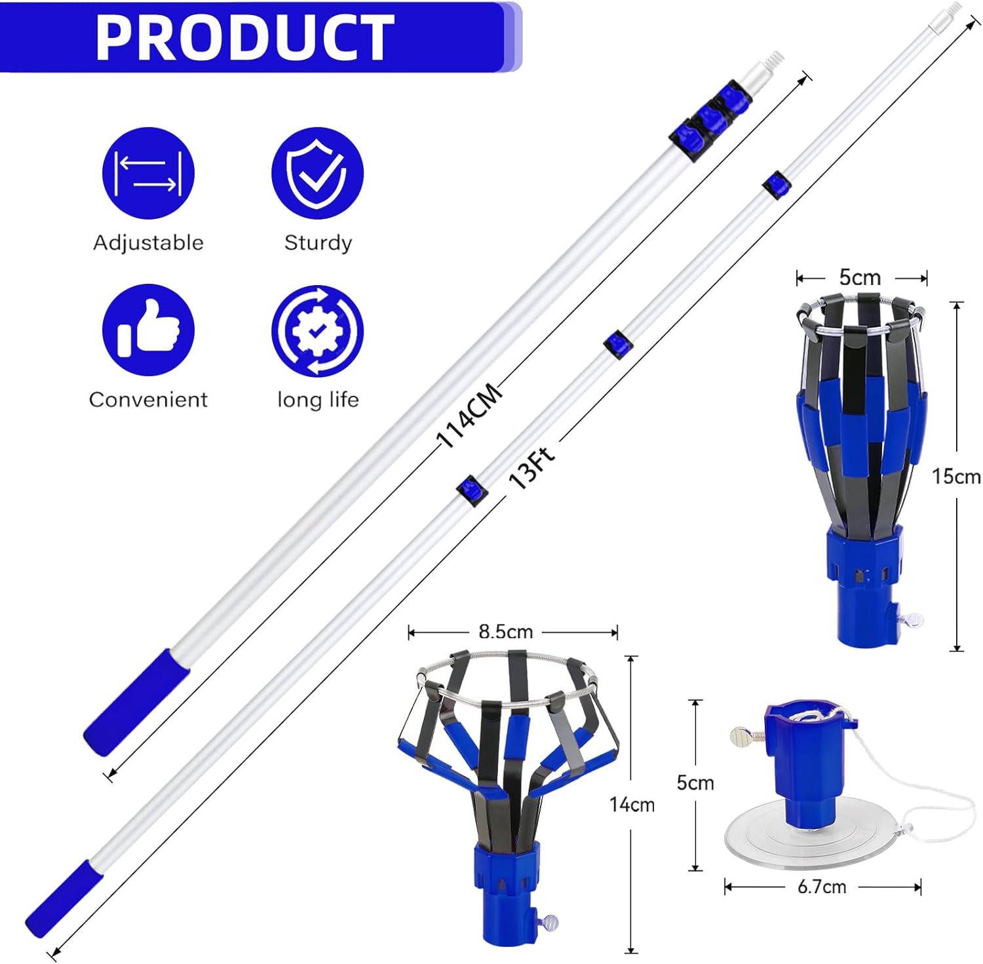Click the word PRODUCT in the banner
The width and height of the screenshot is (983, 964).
[x=244, y=37]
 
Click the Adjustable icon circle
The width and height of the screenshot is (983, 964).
[x=148, y=173]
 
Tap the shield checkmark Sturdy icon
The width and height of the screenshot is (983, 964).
[x=317, y=173]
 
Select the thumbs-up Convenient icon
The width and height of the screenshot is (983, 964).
[x=148, y=330]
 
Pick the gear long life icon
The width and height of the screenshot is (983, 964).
[x=317, y=330]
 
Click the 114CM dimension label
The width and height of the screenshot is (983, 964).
[x=469, y=415]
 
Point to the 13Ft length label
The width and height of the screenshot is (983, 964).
[x=531, y=467]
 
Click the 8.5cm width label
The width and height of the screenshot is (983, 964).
[x=505, y=632]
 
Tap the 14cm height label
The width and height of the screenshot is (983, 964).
[x=632, y=804]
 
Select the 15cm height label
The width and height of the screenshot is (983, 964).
[x=956, y=476]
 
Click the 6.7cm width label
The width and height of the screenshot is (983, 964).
[x=822, y=887]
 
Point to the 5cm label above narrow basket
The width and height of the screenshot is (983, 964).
[x=860, y=277]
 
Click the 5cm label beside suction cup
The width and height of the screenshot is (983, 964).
[x=695, y=782]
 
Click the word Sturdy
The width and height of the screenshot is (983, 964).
[x=318, y=242]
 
